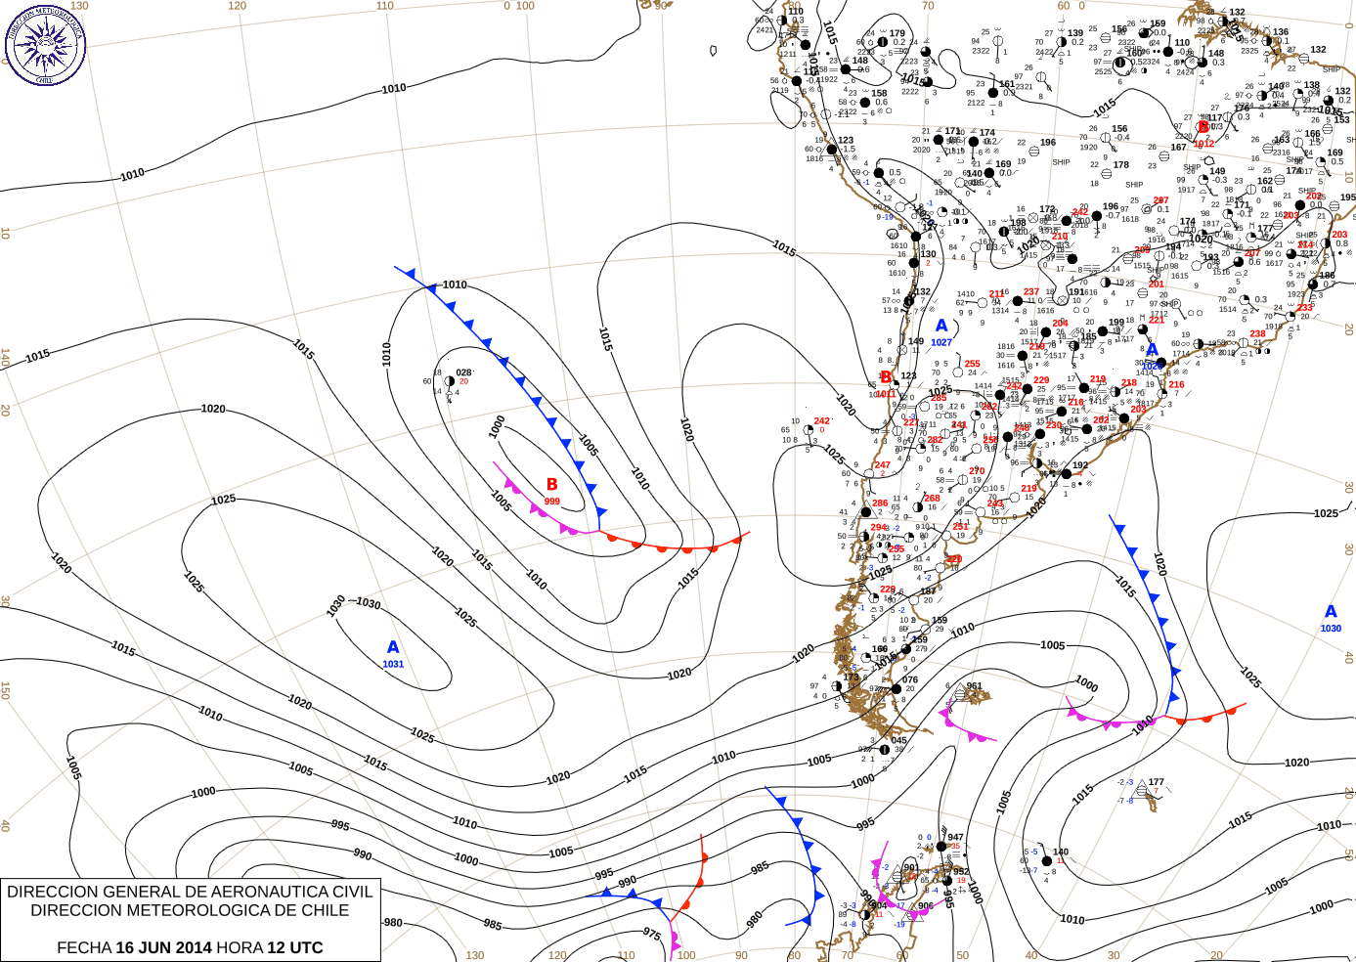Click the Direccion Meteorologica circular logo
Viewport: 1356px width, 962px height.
pos(45,45)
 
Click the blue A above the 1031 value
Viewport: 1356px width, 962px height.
pos(393,647)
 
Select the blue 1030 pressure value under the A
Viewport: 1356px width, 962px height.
pos(1331,629)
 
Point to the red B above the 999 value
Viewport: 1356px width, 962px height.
pos(552,485)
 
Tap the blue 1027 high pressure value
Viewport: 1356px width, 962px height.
pos(941,342)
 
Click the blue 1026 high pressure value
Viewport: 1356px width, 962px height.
pos(1152,366)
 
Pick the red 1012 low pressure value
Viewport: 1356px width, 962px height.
pos(1203,144)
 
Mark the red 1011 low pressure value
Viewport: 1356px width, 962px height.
pos(886,394)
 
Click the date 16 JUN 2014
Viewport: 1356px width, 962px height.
pos(163,947)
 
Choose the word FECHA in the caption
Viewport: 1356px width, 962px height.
pos(83,947)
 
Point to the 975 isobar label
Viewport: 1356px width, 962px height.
pos(652,935)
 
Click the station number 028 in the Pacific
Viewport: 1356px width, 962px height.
pos(463,372)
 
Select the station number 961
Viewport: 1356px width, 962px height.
pos(974,686)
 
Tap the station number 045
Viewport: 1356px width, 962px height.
pos(898,740)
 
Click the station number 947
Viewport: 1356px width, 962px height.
pos(955,837)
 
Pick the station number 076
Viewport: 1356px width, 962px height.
pos(909,679)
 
